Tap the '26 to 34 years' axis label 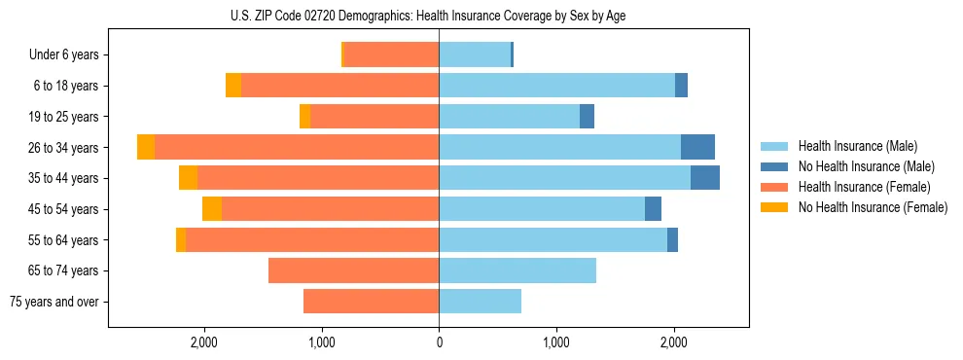click(64, 148)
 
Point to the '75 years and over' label click(54, 302)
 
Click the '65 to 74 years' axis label click(64, 270)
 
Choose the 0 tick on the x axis click(439, 342)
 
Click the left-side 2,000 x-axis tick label click(204, 342)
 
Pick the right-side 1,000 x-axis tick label click(556, 342)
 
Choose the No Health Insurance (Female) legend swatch click(774, 207)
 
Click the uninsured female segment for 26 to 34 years click(146, 147)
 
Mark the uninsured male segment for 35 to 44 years click(705, 178)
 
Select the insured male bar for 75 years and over click(480, 302)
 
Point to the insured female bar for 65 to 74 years click(353, 270)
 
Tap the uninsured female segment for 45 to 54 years click(212, 209)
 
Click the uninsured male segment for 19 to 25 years click(587, 117)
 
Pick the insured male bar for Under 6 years click(475, 55)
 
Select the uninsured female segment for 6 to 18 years click(233, 86)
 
